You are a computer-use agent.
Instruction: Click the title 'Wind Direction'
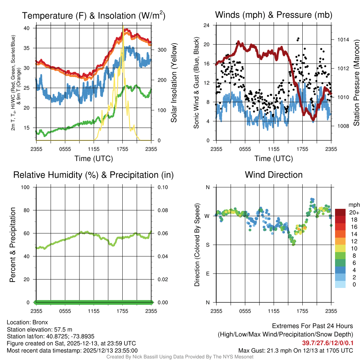[274, 175]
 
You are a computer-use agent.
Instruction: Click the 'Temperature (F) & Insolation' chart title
[94, 16]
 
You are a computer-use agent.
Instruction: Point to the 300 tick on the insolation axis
[161, 50]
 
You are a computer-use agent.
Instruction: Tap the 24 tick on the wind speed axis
[207, 25]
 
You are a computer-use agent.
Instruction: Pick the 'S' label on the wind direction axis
[207, 245]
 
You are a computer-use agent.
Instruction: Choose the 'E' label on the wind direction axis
[207, 274]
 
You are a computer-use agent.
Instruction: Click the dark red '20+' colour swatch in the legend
[340, 212]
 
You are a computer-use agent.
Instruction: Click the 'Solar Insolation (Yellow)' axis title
[174, 83]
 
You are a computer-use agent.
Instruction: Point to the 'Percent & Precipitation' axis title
[13, 245]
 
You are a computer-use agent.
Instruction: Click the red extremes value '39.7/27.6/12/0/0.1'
[328, 343]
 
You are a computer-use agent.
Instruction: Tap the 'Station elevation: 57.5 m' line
[39, 329]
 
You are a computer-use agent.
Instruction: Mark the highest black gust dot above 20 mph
[298, 38]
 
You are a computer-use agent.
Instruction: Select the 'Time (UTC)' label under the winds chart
[274, 159]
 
